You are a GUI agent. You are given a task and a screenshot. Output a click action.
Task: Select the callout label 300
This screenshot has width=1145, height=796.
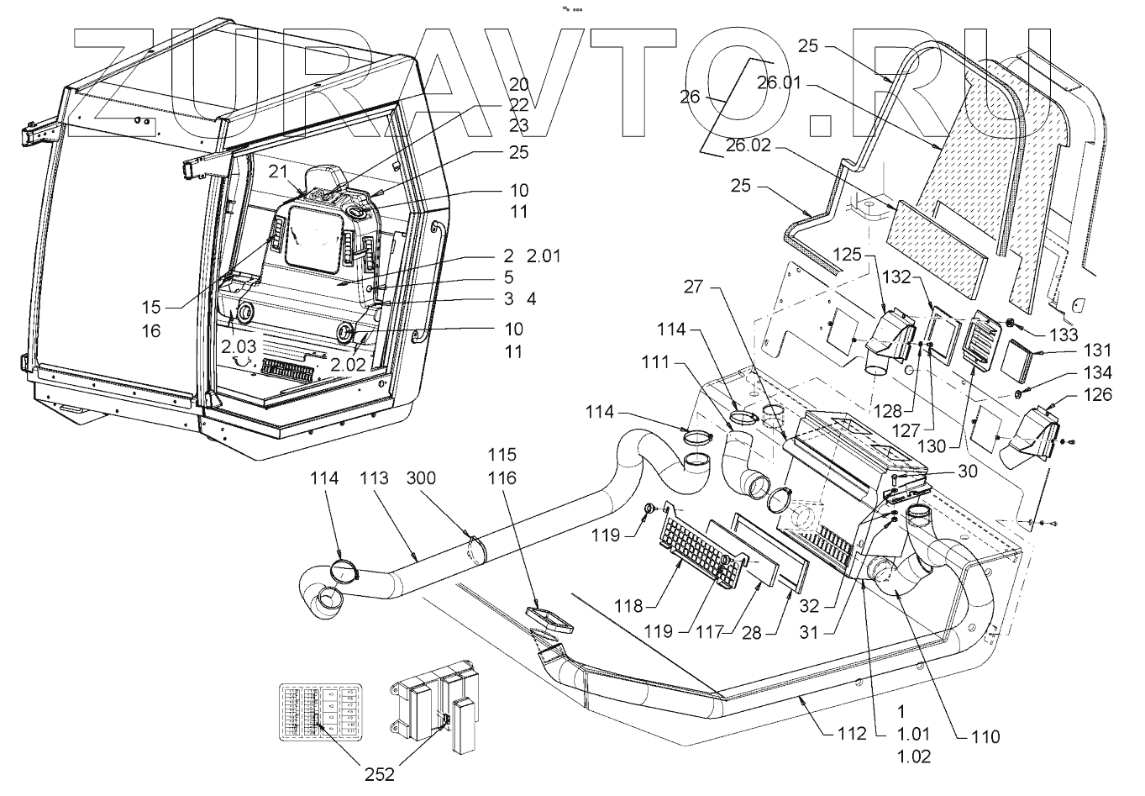[421, 478]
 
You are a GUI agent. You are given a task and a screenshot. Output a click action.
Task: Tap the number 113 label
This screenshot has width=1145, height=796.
[374, 478]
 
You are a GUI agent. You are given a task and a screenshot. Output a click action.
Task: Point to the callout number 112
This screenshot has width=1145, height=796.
[851, 734]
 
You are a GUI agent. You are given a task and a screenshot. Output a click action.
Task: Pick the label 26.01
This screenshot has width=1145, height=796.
[779, 83]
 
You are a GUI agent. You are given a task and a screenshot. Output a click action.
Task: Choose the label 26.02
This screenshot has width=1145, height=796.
[748, 145]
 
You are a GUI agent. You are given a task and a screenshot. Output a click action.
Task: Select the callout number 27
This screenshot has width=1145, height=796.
[693, 287]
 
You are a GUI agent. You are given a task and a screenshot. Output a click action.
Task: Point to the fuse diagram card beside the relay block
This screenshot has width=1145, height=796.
[319, 710]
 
